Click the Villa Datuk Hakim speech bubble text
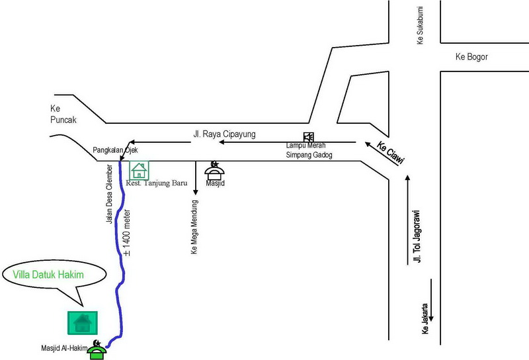coord(48,275)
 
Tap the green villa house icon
coord(83,323)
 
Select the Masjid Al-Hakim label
coord(64,348)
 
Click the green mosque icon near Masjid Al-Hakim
coord(97,350)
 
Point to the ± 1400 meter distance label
coord(126,233)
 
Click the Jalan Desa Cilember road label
coord(109,194)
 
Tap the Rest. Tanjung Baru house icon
coord(139,171)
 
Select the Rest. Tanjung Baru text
coord(157,183)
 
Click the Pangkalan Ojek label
coord(115,150)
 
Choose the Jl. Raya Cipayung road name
coord(224,134)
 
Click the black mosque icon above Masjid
coord(214,171)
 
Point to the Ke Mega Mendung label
coord(194,227)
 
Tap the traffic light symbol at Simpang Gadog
coord(308,137)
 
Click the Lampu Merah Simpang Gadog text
coord(309,150)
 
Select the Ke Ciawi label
coord(390,153)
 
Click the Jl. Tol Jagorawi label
coord(417,236)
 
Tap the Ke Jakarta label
coord(425,319)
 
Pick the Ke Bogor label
coord(471,57)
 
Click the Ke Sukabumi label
coord(420,25)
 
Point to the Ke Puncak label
coord(63,114)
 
